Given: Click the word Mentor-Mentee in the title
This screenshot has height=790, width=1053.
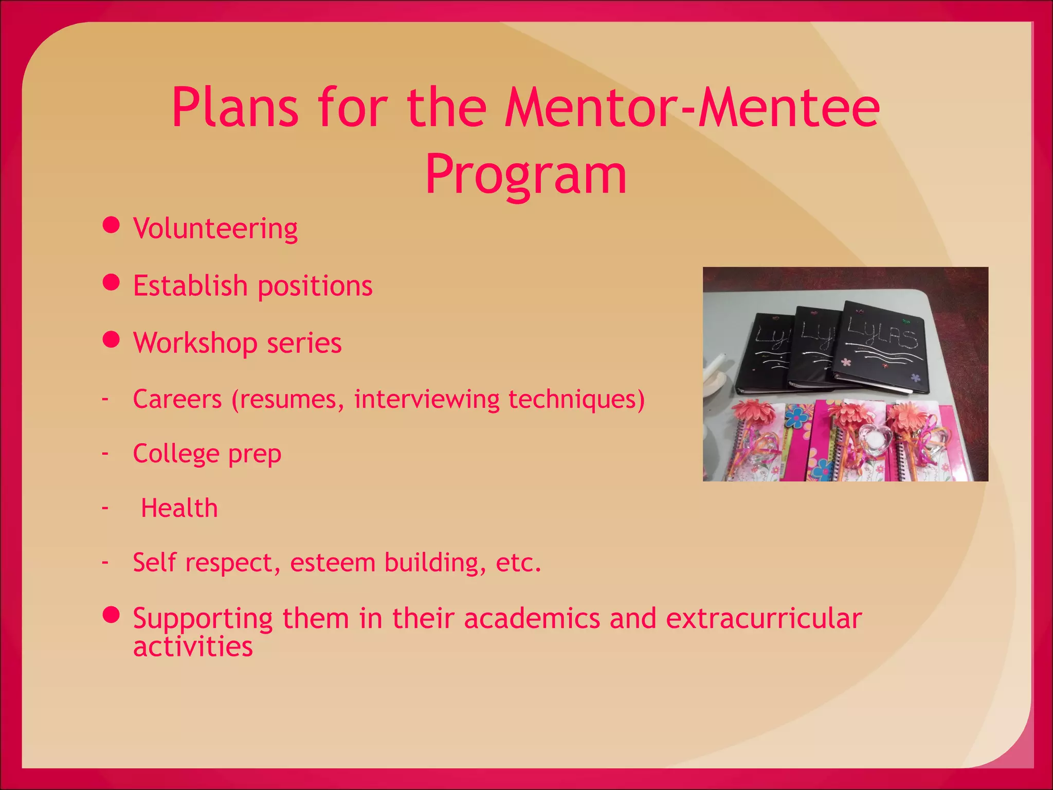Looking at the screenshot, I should pyautogui.click(x=692, y=108).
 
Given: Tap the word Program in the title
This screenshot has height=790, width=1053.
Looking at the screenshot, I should pyautogui.click(x=526, y=175).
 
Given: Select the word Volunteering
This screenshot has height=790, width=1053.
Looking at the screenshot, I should pyautogui.click(x=215, y=228).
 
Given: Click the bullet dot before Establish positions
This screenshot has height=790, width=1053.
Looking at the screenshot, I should pyautogui.click(x=111, y=282).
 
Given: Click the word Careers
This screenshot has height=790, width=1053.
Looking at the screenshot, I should pyautogui.click(x=177, y=399).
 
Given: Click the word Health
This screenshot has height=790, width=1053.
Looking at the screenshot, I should pyautogui.click(x=179, y=508).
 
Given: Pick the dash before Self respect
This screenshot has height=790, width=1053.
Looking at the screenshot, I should pyautogui.click(x=105, y=562).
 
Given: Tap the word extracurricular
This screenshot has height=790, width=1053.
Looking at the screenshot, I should pyautogui.click(x=764, y=618).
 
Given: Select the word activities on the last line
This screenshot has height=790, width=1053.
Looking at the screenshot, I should pyautogui.click(x=193, y=647).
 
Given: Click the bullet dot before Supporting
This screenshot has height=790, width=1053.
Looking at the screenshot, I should pyautogui.click(x=111, y=615).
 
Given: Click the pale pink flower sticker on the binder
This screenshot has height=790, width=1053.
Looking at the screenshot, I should pyautogui.click(x=846, y=362).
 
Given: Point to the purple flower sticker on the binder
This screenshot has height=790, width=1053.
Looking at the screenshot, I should pyautogui.click(x=915, y=378).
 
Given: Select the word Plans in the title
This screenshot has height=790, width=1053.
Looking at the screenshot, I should pyautogui.click(x=235, y=108).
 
